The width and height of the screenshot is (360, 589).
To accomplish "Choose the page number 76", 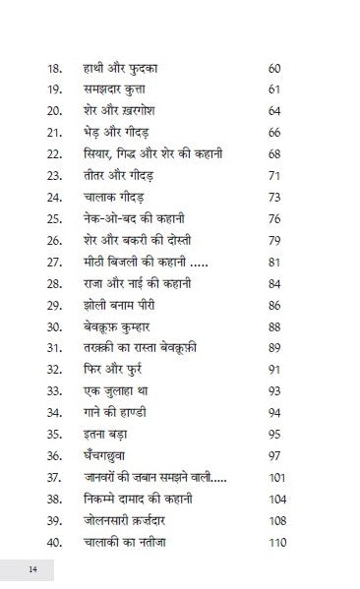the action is tap(275, 215).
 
